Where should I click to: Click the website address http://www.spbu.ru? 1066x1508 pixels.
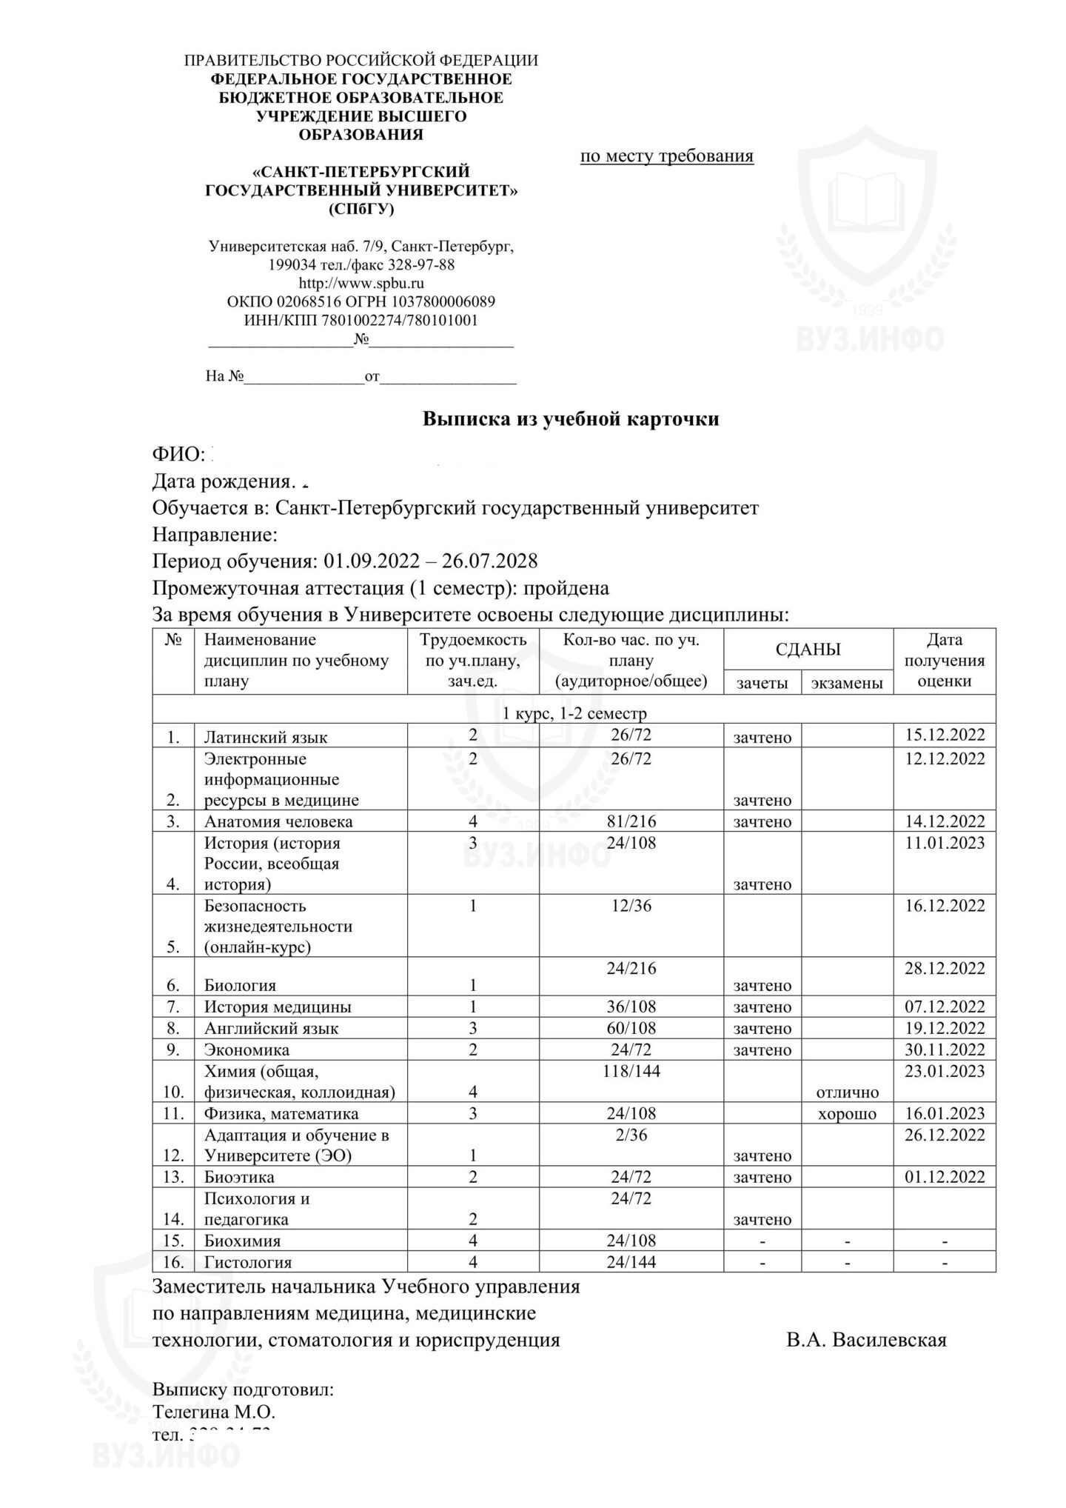(361, 283)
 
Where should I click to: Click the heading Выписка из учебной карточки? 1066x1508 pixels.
(570, 419)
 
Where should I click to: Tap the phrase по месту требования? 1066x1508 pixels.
(667, 156)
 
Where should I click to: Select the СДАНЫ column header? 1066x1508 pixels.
(808, 650)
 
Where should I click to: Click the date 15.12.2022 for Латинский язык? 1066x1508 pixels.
(945, 735)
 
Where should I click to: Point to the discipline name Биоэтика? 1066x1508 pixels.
(239, 1177)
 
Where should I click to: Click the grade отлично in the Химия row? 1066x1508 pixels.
(847, 1092)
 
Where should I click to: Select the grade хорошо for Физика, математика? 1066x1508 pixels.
(847, 1113)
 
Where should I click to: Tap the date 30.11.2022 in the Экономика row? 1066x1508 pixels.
(945, 1050)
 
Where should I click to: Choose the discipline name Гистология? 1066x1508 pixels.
(248, 1262)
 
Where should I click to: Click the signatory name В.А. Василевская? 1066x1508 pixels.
(866, 1339)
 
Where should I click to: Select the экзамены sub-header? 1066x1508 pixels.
(847, 683)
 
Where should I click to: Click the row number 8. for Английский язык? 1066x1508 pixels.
(173, 1028)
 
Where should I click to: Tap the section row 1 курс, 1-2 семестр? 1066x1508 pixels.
(574, 713)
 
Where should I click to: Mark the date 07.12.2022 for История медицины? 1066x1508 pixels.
(945, 1007)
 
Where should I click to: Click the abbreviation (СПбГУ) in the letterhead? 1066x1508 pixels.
(361, 210)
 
